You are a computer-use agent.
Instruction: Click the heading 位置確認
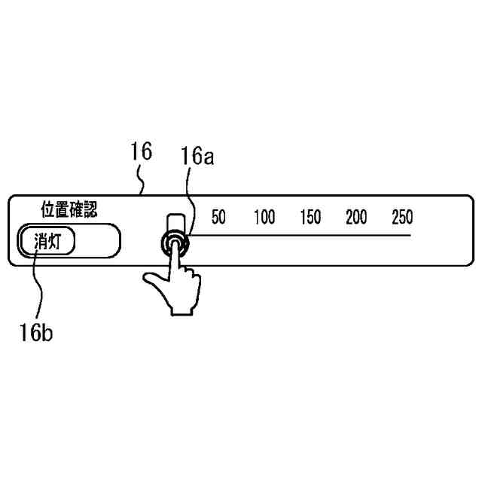[x=69, y=207]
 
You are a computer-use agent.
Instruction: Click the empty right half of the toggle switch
[x=97, y=243]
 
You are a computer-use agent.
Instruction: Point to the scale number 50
[x=218, y=218]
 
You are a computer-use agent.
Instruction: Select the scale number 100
[x=264, y=218]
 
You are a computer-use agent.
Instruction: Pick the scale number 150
[x=310, y=218]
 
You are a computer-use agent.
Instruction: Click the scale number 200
[x=356, y=218]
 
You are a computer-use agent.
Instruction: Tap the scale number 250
[x=402, y=218]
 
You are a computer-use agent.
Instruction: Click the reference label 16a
[x=197, y=157]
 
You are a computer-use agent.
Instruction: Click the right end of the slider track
[x=409, y=236]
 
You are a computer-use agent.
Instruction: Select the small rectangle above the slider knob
[x=175, y=223]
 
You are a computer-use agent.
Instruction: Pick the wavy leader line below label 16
[x=142, y=181]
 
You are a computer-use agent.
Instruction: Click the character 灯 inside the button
[x=61, y=243]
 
